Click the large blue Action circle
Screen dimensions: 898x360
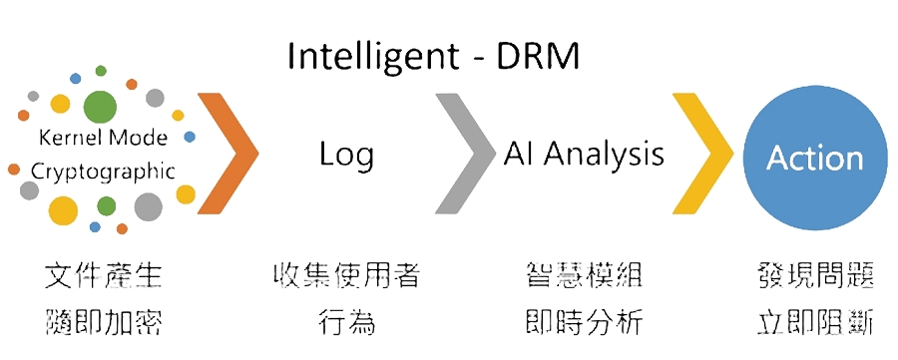coord(815,158)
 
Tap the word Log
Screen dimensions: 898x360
coord(346,156)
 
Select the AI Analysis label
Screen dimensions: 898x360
coord(584,155)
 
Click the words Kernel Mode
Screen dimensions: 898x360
coord(103,138)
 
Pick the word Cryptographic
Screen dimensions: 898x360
coord(103,172)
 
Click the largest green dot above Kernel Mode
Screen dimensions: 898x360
coord(100,107)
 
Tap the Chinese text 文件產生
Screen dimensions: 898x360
coord(104,276)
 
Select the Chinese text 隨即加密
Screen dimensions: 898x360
coord(104,323)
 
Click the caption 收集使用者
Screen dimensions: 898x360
coord(346,276)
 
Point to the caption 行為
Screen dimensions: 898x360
coord(346,323)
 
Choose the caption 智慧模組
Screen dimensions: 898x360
coord(584,276)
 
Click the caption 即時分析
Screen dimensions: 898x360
coord(584,323)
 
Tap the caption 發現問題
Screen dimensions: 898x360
coord(814,276)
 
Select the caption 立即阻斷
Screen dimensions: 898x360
coord(814,323)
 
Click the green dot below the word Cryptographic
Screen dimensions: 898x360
coord(107,205)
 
